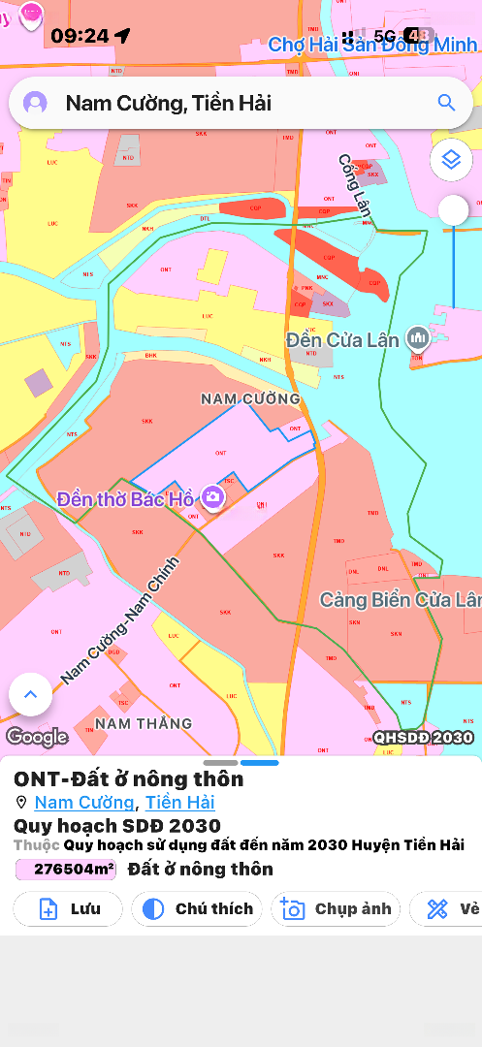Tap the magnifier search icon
click(x=446, y=103)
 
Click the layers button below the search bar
click(x=451, y=159)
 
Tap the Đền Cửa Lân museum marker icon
click(x=418, y=337)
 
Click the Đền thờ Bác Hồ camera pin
click(x=212, y=498)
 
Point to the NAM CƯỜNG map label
click(x=250, y=398)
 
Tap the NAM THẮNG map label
click(x=144, y=723)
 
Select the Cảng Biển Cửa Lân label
click(x=400, y=600)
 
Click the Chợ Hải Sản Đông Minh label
click(x=372, y=45)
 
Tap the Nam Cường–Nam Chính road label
click(x=120, y=619)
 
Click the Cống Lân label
click(x=355, y=184)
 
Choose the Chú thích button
click(x=199, y=908)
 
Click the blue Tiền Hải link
click(x=180, y=803)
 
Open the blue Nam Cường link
click(x=84, y=803)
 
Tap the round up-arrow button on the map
click(x=30, y=694)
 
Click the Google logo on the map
click(x=37, y=737)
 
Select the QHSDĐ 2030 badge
click(x=424, y=738)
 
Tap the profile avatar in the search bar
click(x=36, y=103)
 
